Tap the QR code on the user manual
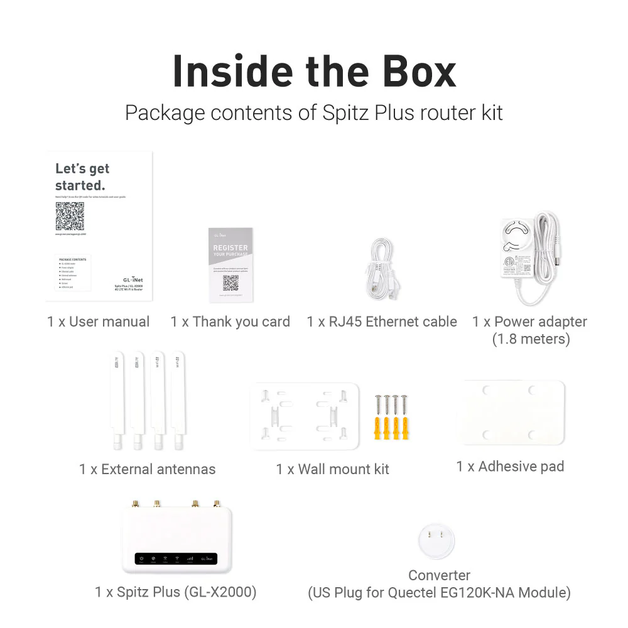(69, 216)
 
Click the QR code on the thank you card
(230, 283)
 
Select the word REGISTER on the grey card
(230, 248)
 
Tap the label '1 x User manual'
(99, 322)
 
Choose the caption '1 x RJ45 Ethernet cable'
(382, 322)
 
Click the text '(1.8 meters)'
(531, 340)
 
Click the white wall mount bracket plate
(305, 416)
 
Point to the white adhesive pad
(510, 412)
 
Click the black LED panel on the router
(176, 559)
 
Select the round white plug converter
(436, 542)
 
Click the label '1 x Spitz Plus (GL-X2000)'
(176, 592)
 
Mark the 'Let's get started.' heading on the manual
(82, 177)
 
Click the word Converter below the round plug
(439, 575)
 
